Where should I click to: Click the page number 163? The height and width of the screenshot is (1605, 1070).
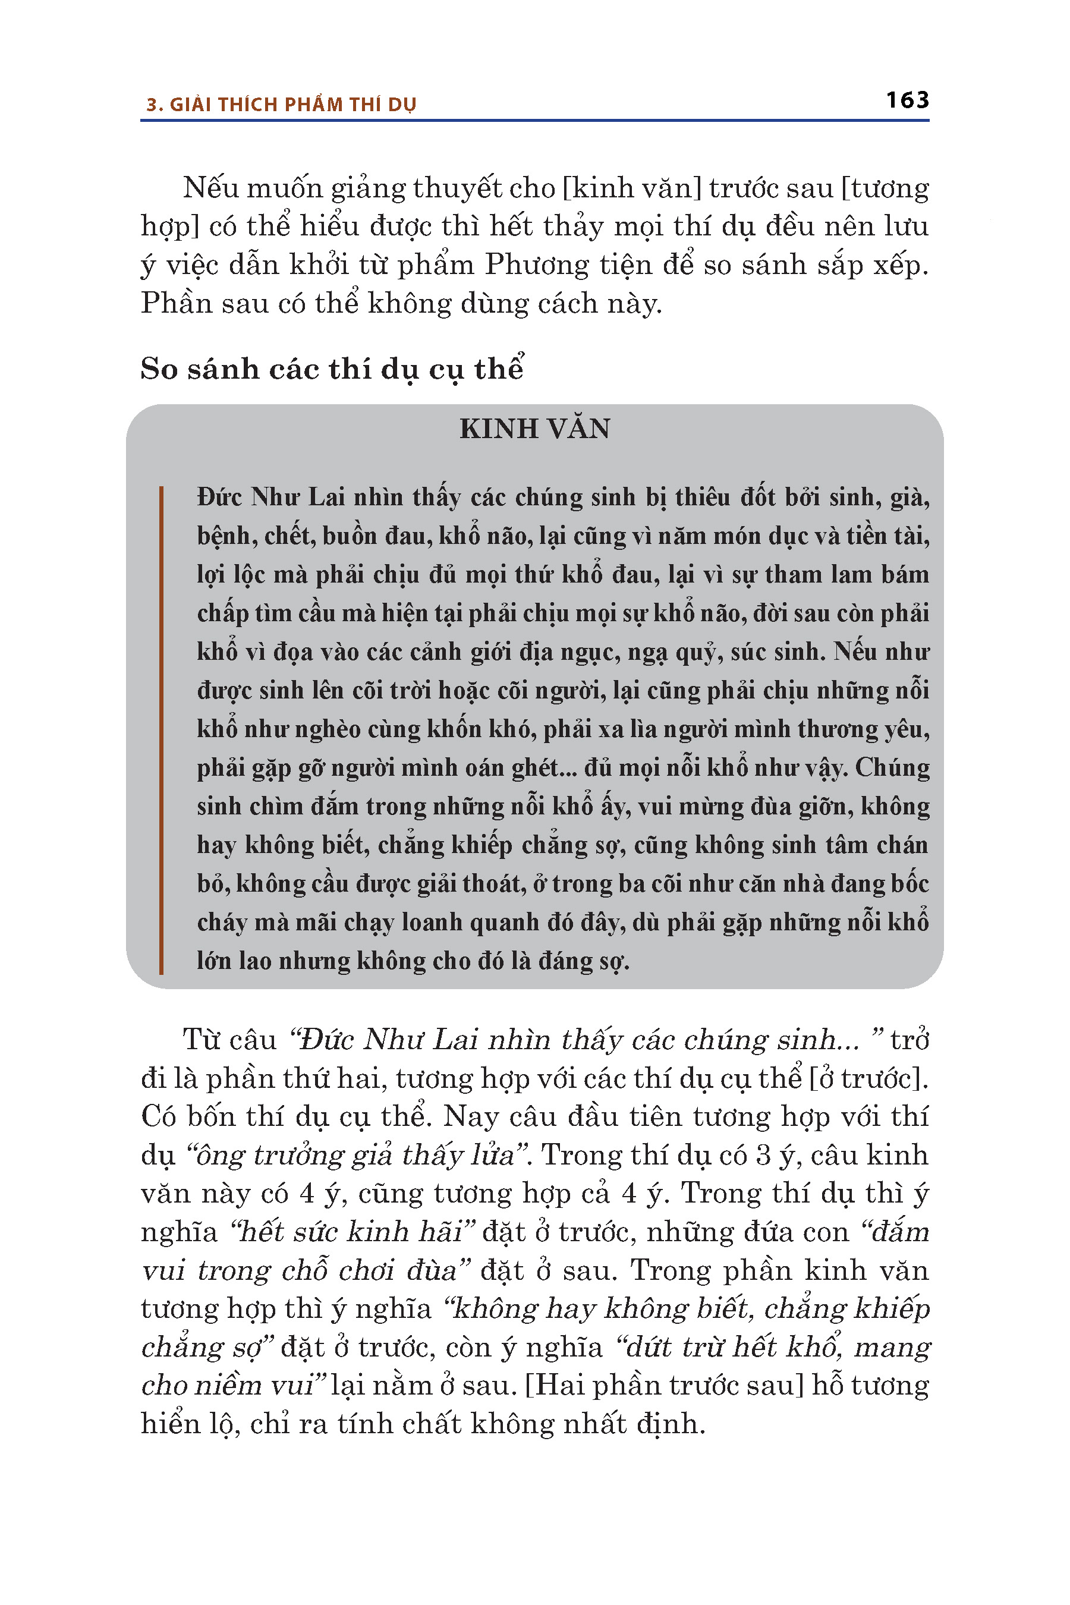(x=907, y=100)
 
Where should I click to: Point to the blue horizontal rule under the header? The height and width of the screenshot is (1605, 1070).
(x=534, y=121)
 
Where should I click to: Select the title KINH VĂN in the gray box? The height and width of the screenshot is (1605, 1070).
(x=534, y=429)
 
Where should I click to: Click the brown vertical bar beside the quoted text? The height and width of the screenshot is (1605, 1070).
(x=161, y=729)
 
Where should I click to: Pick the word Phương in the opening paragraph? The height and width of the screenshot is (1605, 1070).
(x=536, y=265)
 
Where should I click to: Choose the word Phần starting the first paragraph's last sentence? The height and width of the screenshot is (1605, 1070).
(x=176, y=303)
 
